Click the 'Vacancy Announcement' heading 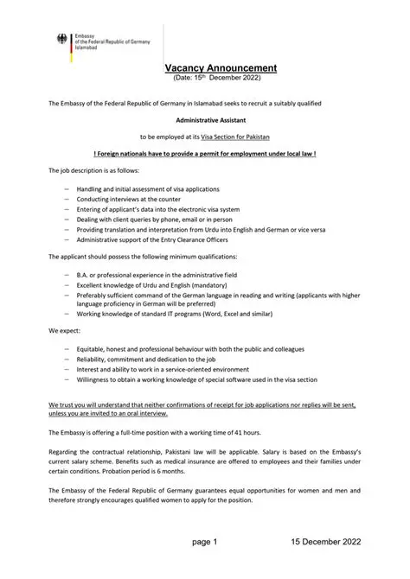[221, 67]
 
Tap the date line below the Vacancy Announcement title [218, 78]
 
